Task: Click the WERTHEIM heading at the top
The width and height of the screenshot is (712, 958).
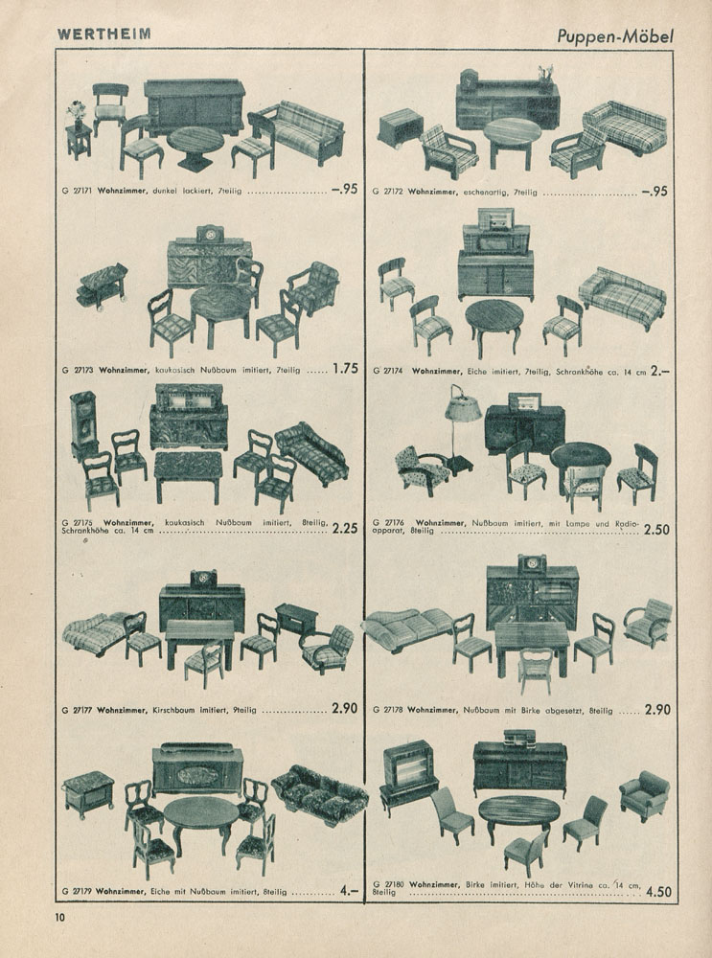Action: point(103,34)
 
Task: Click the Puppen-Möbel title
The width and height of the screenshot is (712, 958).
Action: point(615,36)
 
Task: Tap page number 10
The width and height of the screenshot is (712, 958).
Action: point(60,917)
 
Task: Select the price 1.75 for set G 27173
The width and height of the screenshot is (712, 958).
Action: point(345,369)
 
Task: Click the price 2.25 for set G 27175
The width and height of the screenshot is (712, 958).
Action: point(345,529)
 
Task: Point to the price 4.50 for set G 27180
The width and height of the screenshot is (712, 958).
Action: point(658,891)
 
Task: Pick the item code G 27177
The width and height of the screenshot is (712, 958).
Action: point(77,710)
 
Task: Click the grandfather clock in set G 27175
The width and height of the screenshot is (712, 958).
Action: point(83,425)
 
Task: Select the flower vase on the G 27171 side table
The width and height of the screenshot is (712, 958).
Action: point(77,114)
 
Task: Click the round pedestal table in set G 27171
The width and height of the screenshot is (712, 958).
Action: point(195,148)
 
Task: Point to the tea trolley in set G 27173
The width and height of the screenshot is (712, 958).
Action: point(103,286)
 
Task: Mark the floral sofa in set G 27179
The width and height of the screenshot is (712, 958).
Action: point(320,793)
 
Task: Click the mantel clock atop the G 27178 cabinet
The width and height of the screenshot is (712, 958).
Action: point(532,562)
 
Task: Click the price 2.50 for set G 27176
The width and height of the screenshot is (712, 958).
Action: point(656,530)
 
